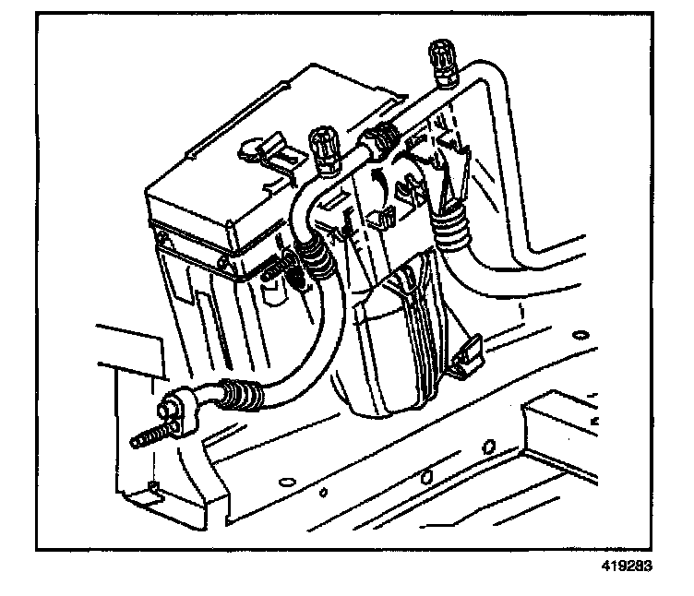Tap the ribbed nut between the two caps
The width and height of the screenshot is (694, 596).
click(379, 140)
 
